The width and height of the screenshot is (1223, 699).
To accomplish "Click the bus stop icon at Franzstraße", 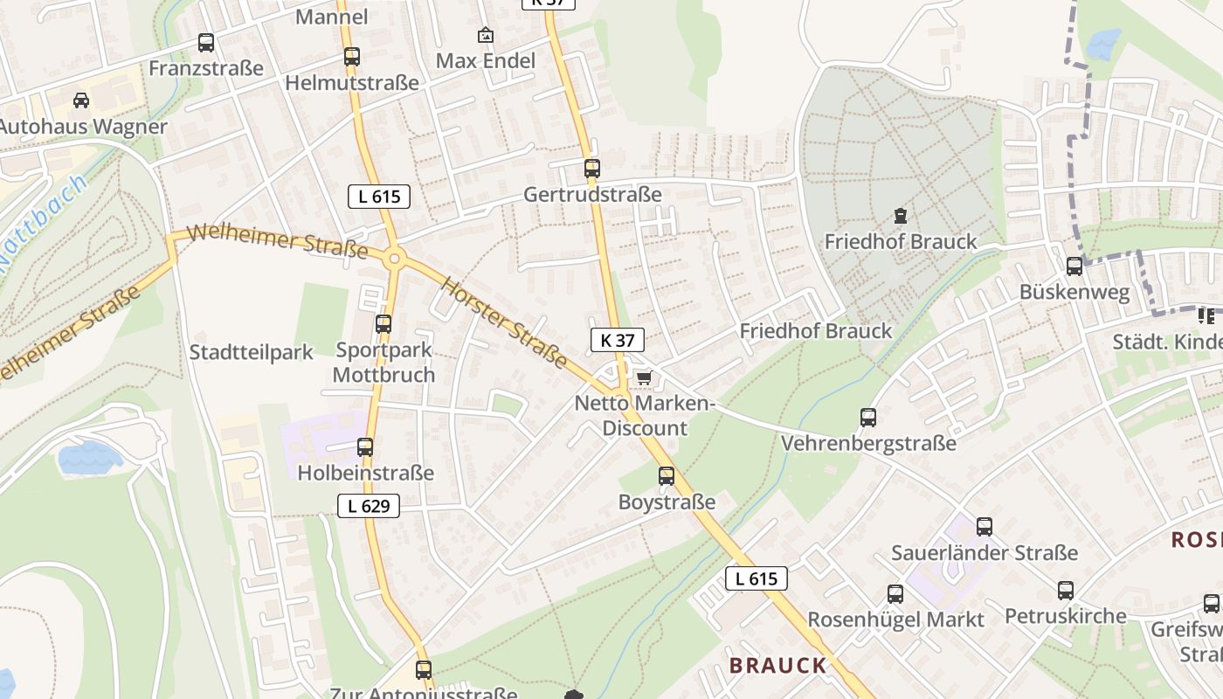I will pyautogui.click(x=206, y=42).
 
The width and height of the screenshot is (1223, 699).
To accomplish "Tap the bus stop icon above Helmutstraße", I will pyautogui.click(x=351, y=57).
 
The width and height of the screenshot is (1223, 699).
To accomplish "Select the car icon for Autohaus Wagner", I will pyautogui.click(x=81, y=100).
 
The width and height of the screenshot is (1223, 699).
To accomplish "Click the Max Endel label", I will pyautogui.click(x=486, y=61).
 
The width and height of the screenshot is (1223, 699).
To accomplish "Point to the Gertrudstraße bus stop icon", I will pyautogui.click(x=592, y=169).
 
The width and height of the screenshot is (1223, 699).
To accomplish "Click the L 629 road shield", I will pyautogui.click(x=369, y=505).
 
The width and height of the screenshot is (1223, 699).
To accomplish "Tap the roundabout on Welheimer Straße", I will pyautogui.click(x=394, y=259).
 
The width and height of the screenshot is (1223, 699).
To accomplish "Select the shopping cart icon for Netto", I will pyautogui.click(x=644, y=377).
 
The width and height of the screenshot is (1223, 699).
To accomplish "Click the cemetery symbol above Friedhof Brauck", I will pyautogui.click(x=900, y=215).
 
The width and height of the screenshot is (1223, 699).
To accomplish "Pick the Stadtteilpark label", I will pyautogui.click(x=252, y=353).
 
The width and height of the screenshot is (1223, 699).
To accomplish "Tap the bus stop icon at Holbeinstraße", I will pyautogui.click(x=365, y=447).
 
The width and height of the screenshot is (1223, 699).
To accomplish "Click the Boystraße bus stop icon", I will pyautogui.click(x=667, y=476).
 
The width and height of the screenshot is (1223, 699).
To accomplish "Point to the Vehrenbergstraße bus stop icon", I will pyautogui.click(x=867, y=418).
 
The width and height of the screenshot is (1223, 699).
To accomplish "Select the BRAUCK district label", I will pyautogui.click(x=777, y=666).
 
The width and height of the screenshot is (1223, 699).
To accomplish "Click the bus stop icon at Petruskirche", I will pyautogui.click(x=1065, y=590).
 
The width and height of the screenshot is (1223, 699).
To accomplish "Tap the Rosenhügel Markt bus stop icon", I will pyautogui.click(x=895, y=594).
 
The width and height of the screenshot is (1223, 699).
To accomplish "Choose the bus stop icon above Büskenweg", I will pyautogui.click(x=1074, y=266).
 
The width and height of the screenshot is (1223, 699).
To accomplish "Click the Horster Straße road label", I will pyautogui.click(x=503, y=323).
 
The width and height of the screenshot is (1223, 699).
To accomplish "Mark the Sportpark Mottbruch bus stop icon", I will pyautogui.click(x=383, y=324).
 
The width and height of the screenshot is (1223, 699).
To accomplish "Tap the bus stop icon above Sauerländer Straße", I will pyautogui.click(x=985, y=527).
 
